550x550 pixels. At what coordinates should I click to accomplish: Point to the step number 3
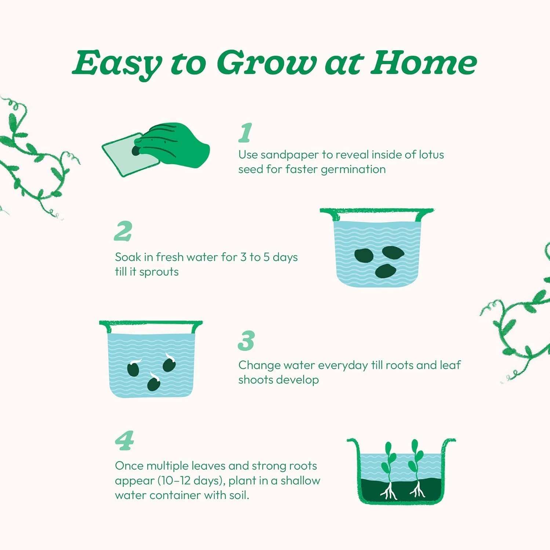(246, 341)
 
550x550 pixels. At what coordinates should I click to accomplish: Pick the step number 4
(124, 441)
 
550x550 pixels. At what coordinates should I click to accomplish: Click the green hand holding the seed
(172, 145)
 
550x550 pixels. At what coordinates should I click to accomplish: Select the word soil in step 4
(240, 495)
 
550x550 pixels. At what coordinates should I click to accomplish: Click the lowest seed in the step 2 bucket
(385, 271)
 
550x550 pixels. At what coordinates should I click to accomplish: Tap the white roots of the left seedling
(389, 492)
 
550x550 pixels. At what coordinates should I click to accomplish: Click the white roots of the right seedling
(417, 490)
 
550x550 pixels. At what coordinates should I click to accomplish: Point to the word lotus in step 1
(431, 155)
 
